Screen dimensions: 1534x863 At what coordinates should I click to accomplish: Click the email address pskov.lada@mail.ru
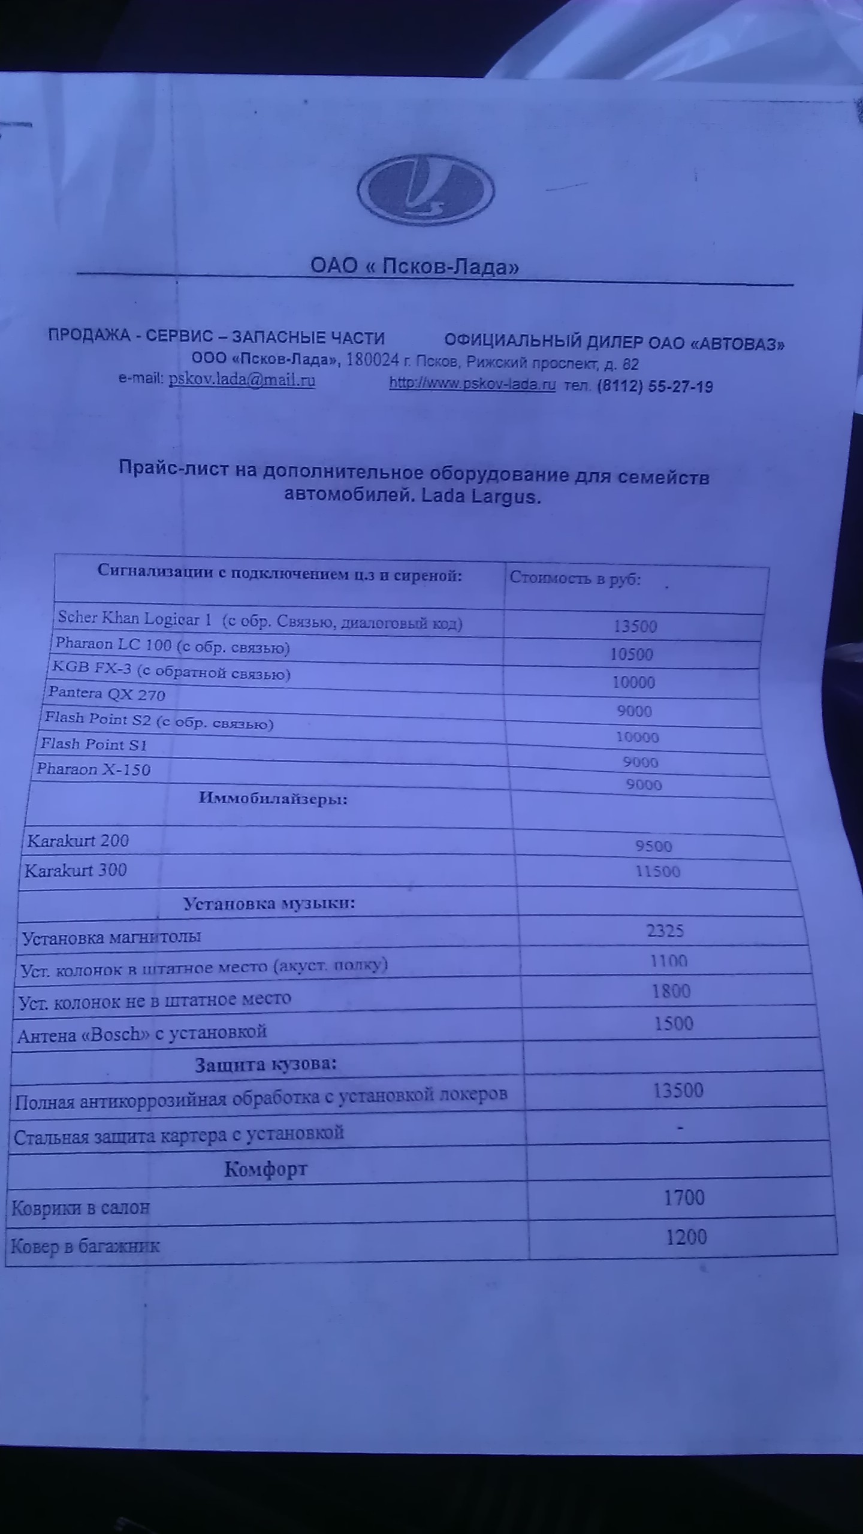pyautogui.click(x=242, y=380)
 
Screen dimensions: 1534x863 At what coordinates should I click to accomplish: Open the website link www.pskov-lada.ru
pyautogui.click(x=473, y=384)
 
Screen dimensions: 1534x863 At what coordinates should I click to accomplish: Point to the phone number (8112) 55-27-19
pyautogui.click(x=655, y=386)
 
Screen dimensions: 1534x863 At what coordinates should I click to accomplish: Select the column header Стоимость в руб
pyautogui.click(x=575, y=578)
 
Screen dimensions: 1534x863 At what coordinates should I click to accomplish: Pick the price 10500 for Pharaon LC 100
pyautogui.click(x=632, y=654)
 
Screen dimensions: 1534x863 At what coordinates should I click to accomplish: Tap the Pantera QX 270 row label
pyautogui.click(x=107, y=694)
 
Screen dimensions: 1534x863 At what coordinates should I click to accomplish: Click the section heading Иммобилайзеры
pyautogui.click(x=273, y=798)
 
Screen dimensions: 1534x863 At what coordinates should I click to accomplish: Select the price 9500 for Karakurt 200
pyautogui.click(x=654, y=846)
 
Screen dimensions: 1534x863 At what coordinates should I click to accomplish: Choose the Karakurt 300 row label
pyautogui.click(x=76, y=870)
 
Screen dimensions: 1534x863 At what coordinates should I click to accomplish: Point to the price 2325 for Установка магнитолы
pyautogui.click(x=665, y=931)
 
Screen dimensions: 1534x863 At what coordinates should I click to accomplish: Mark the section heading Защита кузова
pyautogui.click(x=265, y=1064)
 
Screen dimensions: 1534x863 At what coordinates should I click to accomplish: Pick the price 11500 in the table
pyautogui.click(x=657, y=871)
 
